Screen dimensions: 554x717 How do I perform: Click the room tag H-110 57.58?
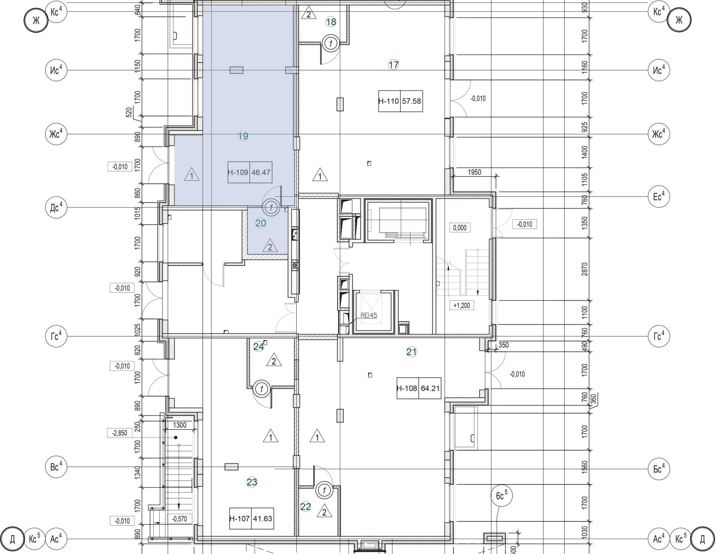(400, 101)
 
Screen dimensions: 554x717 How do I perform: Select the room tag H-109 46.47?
(249, 172)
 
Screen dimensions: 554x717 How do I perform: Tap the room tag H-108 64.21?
(419, 389)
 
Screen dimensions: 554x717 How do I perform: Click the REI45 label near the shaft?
(369, 315)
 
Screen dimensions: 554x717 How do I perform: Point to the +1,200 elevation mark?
(461, 306)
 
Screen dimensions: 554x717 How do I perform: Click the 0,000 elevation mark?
(460, 228)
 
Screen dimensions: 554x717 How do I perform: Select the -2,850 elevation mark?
(120, 433)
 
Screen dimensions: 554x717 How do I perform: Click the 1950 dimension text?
(474, 172)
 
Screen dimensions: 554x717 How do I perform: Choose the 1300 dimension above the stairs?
(179, 425)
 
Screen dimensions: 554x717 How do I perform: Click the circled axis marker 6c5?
(501, 496)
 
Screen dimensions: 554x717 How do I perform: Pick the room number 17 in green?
(393, 65)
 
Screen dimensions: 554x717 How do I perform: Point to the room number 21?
(411, 352)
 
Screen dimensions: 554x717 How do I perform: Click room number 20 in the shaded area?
(261, 223)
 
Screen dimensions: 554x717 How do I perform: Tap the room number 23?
(252, 482)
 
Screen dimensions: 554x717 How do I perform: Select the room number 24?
(259, 346)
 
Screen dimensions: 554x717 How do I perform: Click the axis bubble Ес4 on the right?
(659, 196)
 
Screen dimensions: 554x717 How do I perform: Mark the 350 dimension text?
(503, 345)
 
